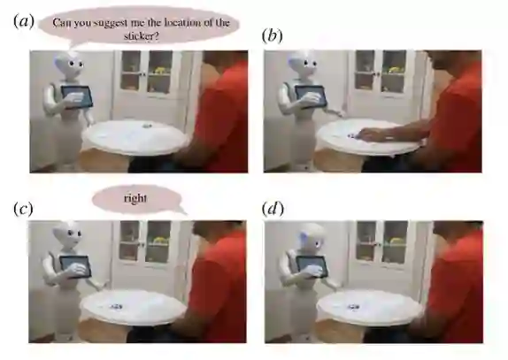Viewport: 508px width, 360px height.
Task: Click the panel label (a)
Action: [x=24, y=22]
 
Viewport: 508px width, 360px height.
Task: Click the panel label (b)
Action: [x=272, y=35]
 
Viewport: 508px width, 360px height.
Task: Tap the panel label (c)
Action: [x=23, y=209]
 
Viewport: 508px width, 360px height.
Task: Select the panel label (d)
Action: [x=273, y=209]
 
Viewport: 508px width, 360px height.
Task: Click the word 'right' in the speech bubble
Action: [x=135, y=198]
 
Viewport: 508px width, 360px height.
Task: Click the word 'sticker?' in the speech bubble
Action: [x=142, y=36]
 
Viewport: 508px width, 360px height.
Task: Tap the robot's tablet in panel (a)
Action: [x=77, y=96]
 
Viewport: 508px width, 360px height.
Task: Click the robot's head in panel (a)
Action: [x=70, y=65]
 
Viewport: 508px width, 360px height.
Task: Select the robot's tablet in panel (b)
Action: [x=311, y=96]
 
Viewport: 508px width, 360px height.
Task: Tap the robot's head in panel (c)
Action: [x=68, y=234]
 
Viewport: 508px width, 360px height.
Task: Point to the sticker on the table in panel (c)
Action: [x=115, y=306]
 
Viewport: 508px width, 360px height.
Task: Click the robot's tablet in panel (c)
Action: [x=75, y=267]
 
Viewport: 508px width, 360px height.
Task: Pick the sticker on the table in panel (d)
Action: [x=353, y=307]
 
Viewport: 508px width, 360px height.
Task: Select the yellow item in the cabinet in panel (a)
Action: [x=160, y=70]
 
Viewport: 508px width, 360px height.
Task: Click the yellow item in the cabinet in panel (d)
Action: [x=396, y=241]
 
